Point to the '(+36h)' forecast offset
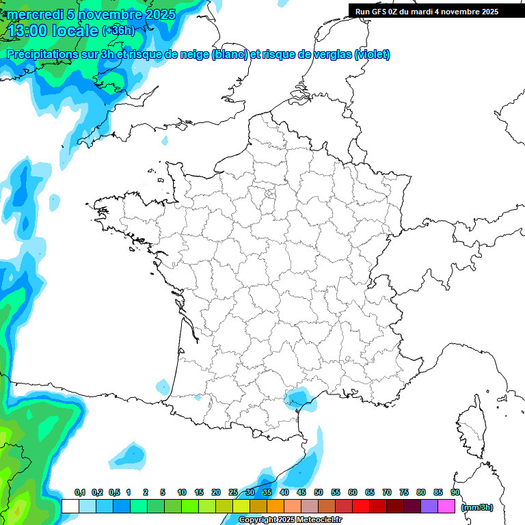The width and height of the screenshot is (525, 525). [118, 31]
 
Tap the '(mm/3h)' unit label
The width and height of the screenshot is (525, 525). [477, 507]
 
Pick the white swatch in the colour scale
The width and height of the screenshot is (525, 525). [70, 506]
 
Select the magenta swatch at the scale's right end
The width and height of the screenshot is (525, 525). [446, 506]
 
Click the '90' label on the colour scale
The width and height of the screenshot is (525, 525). [455, 492]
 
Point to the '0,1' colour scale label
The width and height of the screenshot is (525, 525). [79, 492]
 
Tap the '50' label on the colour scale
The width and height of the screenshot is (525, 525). [319, 492]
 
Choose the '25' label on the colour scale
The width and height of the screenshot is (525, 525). [233, 492]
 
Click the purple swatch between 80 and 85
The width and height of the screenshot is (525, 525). [429, 506]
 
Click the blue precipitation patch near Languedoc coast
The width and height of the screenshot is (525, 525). [297, 396]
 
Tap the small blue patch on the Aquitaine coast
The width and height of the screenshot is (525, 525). [163, 387]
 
